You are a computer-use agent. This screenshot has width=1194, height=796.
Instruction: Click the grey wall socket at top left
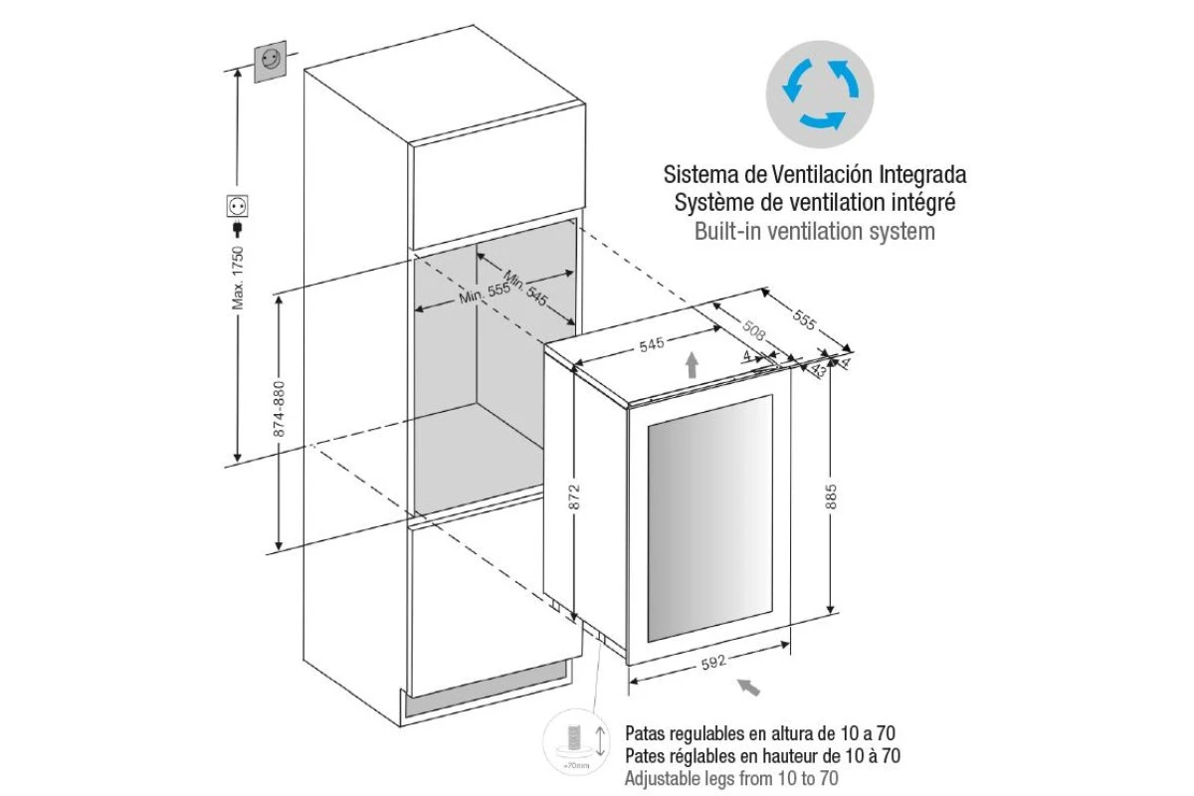click(271, 62)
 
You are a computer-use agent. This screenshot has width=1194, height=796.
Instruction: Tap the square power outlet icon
click(237, 205)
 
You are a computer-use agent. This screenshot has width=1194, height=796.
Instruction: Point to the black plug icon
click(237, 229)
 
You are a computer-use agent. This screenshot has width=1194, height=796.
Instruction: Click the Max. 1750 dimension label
click(238, 278)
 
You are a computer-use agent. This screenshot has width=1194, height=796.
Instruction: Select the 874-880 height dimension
click(280, 409)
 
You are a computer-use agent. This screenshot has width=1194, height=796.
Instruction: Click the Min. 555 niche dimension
click(484, 293)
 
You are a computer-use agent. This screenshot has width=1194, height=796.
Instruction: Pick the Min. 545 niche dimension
click(525, 288)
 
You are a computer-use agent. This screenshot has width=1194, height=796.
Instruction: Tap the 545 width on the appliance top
click(652, 344)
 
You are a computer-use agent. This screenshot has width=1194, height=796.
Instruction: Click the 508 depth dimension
click(753, 330)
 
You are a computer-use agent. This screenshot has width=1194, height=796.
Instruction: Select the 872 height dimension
click(574, 497)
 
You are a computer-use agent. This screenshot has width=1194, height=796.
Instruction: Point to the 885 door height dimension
click(831, 497)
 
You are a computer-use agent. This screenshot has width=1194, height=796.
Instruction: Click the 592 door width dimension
click(713, 663)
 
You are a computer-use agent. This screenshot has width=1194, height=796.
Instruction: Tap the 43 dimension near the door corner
click(818, 369)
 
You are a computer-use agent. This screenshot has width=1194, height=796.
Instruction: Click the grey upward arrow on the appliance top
click(692, 365)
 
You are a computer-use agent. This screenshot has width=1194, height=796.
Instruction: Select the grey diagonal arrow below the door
click(749, 688)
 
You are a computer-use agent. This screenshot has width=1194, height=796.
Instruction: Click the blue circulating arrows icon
click(820, 95)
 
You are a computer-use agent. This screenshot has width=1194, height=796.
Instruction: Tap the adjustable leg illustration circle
click(576, 742)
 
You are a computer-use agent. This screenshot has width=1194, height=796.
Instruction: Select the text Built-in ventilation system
click(815, 232)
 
